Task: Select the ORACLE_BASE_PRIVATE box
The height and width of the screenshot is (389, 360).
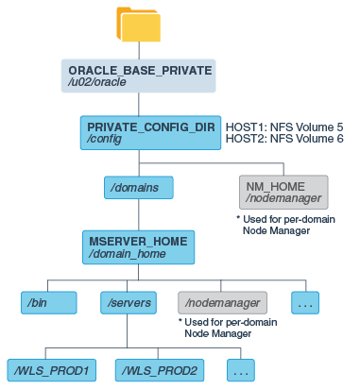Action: point(140,76)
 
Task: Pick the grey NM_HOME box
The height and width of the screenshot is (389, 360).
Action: point(283,192)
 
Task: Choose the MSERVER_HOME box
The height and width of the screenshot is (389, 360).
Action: point(138,245)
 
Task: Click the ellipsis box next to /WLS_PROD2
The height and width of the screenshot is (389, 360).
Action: point(241,368)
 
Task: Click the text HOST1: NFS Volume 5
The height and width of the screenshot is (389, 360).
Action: point(283,126)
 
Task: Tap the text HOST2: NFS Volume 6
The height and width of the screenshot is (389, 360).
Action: point(283,138)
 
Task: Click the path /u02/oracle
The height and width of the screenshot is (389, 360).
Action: point(96,82)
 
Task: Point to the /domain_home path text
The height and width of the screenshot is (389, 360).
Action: point(121,253)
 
